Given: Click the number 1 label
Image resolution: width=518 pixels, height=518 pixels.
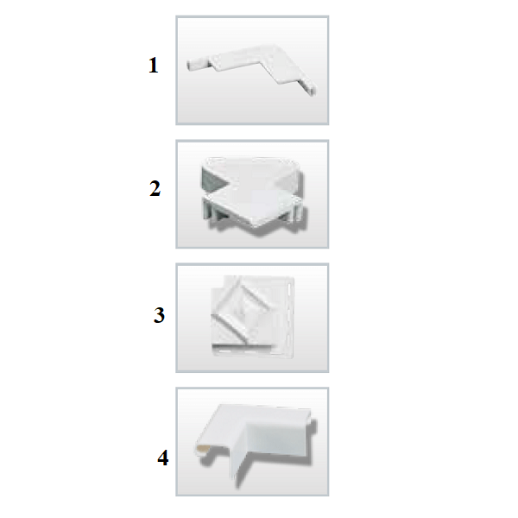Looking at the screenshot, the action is pos(154,65).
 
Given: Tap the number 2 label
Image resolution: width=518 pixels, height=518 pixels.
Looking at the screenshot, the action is pos(155,189).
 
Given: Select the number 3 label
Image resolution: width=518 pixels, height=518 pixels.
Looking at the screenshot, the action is pos(159,315).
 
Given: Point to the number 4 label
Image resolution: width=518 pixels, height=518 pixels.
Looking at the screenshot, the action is pos(163,458).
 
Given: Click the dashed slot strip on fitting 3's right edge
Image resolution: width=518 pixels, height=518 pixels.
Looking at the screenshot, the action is pos(291,317).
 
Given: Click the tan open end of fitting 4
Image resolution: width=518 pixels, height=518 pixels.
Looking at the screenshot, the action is pos(203,448).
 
